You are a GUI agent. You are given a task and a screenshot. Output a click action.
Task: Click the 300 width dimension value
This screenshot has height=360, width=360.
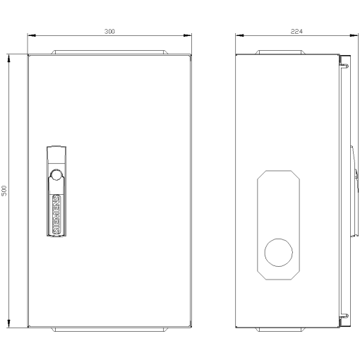tap(109, 31)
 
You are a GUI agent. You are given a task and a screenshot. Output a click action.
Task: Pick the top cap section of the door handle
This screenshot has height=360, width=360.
tap(55, 153)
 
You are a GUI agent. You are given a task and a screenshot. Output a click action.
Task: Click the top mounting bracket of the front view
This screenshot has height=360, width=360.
tap(109, 52)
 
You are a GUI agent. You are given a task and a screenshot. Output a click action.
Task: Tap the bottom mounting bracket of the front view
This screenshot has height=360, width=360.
tap(109, 329)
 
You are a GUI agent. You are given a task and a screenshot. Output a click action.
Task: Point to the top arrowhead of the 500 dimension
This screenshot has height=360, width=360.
tap(10, 59)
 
